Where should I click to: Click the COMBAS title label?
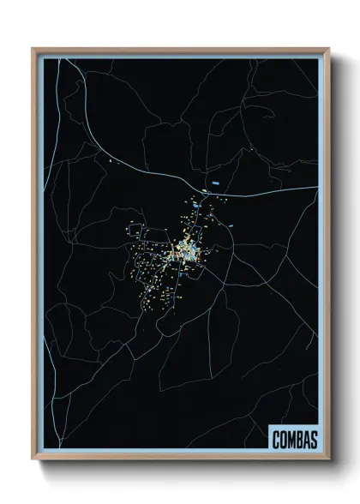pyautogui.click(x=294, y=438)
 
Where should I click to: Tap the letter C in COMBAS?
pyautogui.click(x=276, y=439)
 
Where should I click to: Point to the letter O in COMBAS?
pyautogui.click(x=283, y=439)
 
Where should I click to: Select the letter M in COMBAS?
pyautogui.click(x=291, y=439)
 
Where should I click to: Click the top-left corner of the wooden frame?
pyautogui.click(x=33, y=50)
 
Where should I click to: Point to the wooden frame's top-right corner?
pyautogui.click(x=328, y=50)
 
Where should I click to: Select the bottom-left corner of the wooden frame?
pyautogui.click(x=33, y=459)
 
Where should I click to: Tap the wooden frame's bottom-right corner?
pyautogui.click(x=328, y=459)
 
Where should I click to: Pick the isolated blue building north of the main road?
pyautogui.click(x=215, y=183)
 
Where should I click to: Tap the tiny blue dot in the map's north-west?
pyautogui.click(x=111, y=159)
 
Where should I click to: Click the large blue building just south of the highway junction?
pyautogui.click(x=196, y=207)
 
